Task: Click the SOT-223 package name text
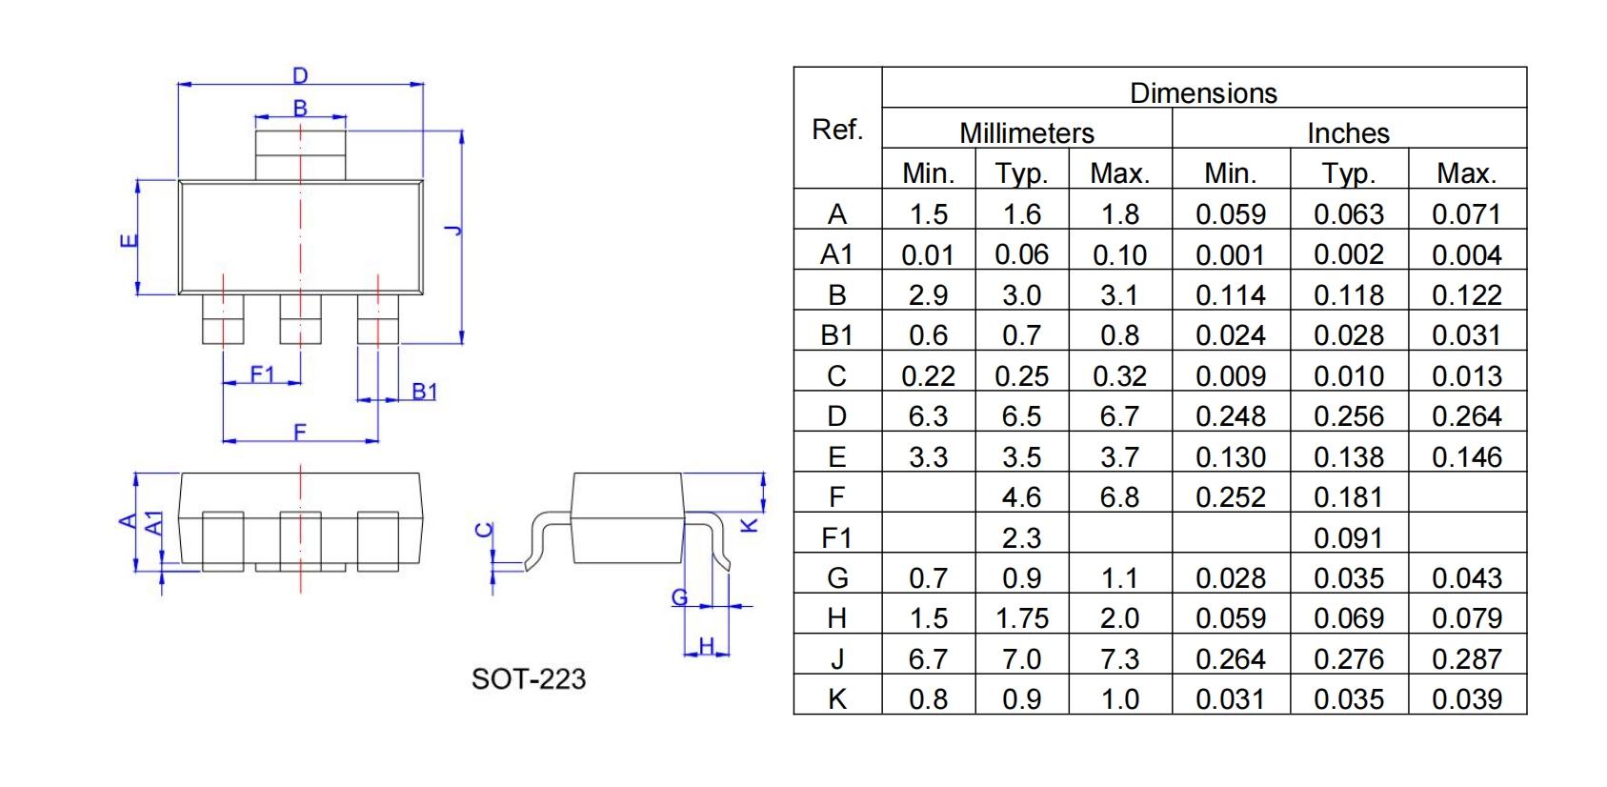click(x=529, y=679)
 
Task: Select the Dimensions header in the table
click(x=1203, y=92)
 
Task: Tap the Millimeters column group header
click(x=1026, y=132)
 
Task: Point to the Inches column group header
click(x=1348, y=132)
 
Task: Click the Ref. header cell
click(x=837, y=129)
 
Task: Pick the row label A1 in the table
click(x=836, y=254)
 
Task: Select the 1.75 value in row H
click(x=1021, y=618)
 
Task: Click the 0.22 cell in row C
click(x=928, y=376)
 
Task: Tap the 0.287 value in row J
click(x=1466, y=659)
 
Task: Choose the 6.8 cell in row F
click(x=1119, y=497)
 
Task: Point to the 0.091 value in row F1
click(x=1348, y=538)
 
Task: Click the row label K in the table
click(x=836, y=699)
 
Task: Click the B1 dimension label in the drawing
click(x=424, y=391)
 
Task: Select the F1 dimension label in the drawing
click(x=262, y=374)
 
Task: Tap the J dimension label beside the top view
click(x=452, y=230)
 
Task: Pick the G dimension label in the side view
click(x=679, y=597)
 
